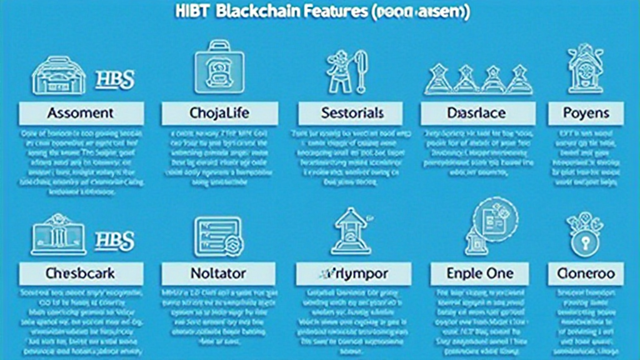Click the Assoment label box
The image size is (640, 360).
click(x=81, y=114)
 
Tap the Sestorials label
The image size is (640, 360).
click(x=353, y=114)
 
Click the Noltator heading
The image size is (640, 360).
click(x=218, y=274)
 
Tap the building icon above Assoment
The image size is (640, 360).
click(x=58, y=75)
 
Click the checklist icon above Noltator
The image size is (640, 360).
click(x=217, y=236)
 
